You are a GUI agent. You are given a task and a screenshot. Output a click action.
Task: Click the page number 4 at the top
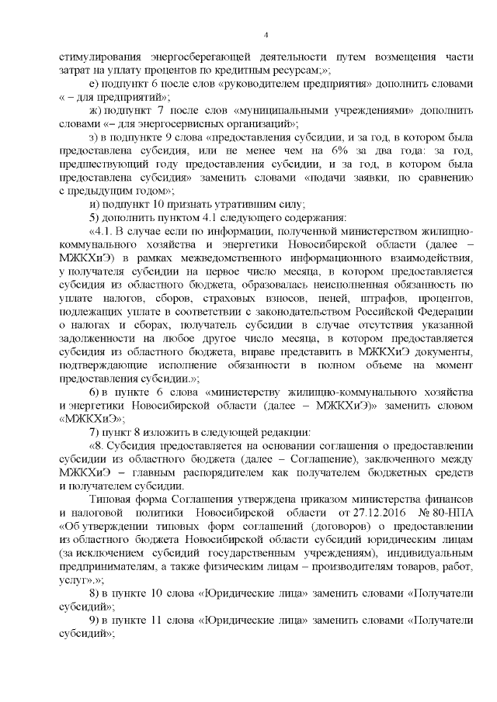[266, 34]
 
